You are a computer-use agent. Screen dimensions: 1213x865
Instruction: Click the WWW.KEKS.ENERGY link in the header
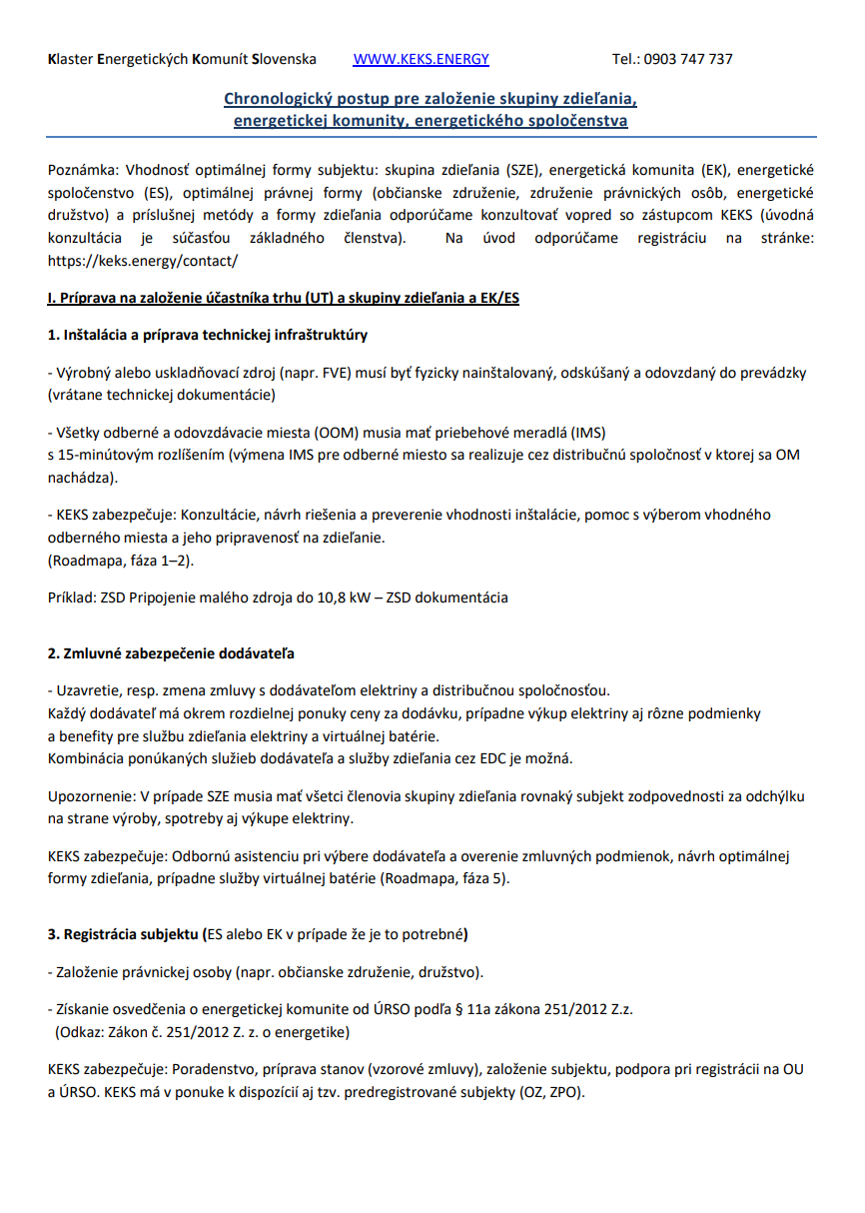point(421,59)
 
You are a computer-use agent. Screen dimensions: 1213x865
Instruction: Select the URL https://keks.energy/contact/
point(143,260)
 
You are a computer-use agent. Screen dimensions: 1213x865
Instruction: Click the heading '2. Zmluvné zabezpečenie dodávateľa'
point(171,653)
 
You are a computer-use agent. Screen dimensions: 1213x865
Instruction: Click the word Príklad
point(71,598)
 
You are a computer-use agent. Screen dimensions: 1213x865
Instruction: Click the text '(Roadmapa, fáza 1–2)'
point(121,561)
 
